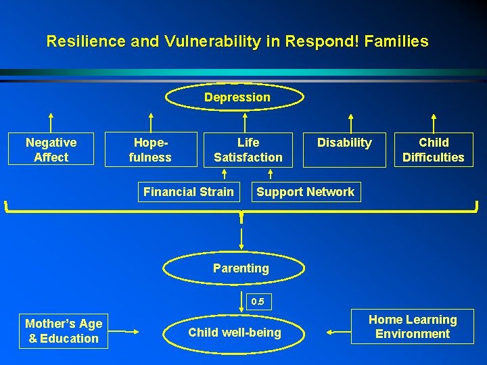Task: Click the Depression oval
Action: click(x=237, y=98)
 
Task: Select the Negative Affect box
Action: click(x=51, y=149)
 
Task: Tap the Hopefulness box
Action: click(x=150, y=149)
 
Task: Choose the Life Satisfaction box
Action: click(x=248, y=149)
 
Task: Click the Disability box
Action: click(x=344, y=149)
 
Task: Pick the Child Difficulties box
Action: click(x=434, y=149)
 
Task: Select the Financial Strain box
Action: click(x=188, y=192)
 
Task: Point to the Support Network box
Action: click(x=305, y=192)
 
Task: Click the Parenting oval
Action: click(x=241, y=268)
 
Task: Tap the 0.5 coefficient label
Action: click(x=258, y=301)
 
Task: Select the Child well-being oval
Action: click(x=234, y=333)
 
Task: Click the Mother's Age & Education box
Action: click(x=64, y=331)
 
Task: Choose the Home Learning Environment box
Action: click(x=412, y=326)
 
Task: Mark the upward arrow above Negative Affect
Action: click(x=52, y=122)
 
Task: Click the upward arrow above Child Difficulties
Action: click(x=434, y=122)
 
